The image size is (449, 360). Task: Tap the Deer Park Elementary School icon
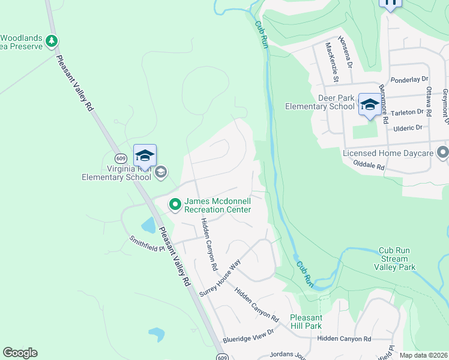369,104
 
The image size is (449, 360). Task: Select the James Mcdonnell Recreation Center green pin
175,205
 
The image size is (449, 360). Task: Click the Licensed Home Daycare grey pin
443,152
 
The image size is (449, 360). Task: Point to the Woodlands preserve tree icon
53,41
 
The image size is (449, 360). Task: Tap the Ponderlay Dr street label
408,79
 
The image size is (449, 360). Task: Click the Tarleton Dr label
408,112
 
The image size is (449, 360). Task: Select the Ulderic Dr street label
408,127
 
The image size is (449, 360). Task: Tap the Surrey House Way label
220,277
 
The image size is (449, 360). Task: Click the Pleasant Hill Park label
306,322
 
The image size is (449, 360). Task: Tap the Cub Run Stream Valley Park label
394,259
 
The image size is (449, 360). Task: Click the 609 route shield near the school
121,158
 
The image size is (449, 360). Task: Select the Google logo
20,353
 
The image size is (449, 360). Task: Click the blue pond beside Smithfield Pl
148,226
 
